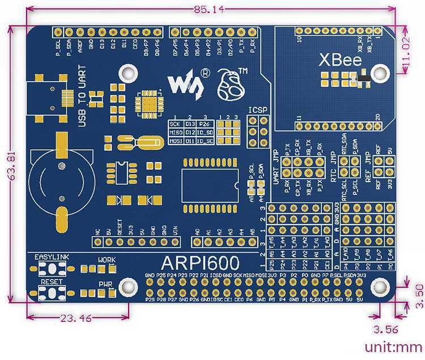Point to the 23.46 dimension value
click(x=75, y=318)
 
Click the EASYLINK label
click(x=52, y=257)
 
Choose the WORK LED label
click(x=107, y=260)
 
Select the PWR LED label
click(x=106, y=283)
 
